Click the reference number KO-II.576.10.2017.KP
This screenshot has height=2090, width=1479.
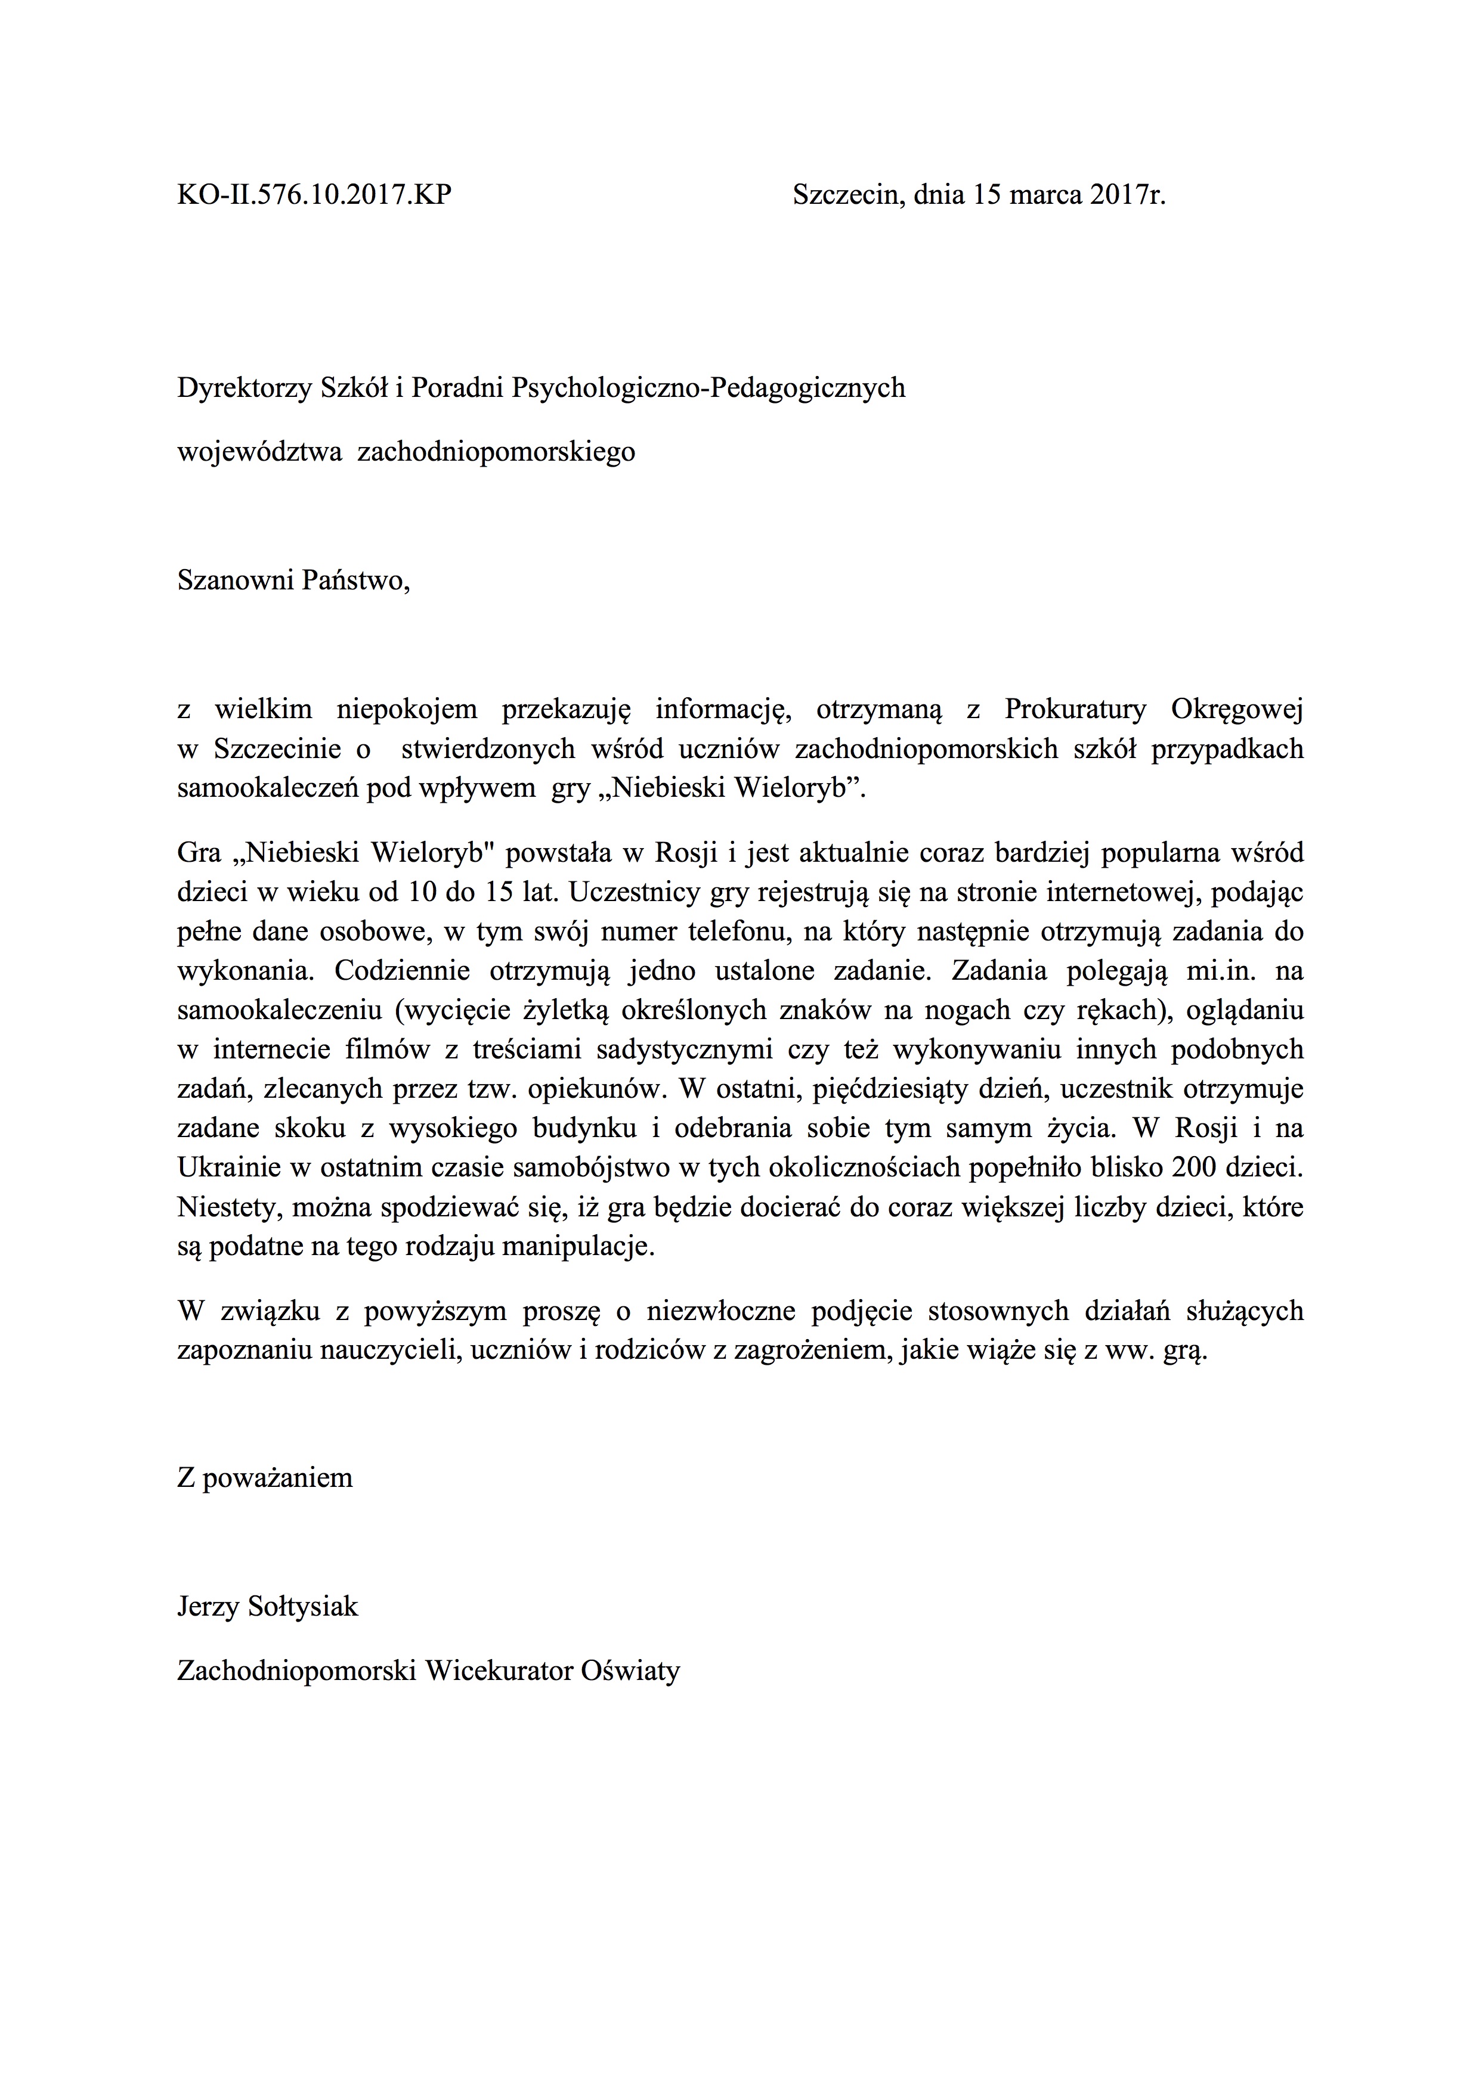[314, 195]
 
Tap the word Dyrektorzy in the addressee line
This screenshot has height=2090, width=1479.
[243, 389]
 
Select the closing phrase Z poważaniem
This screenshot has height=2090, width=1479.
[265, 1477]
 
